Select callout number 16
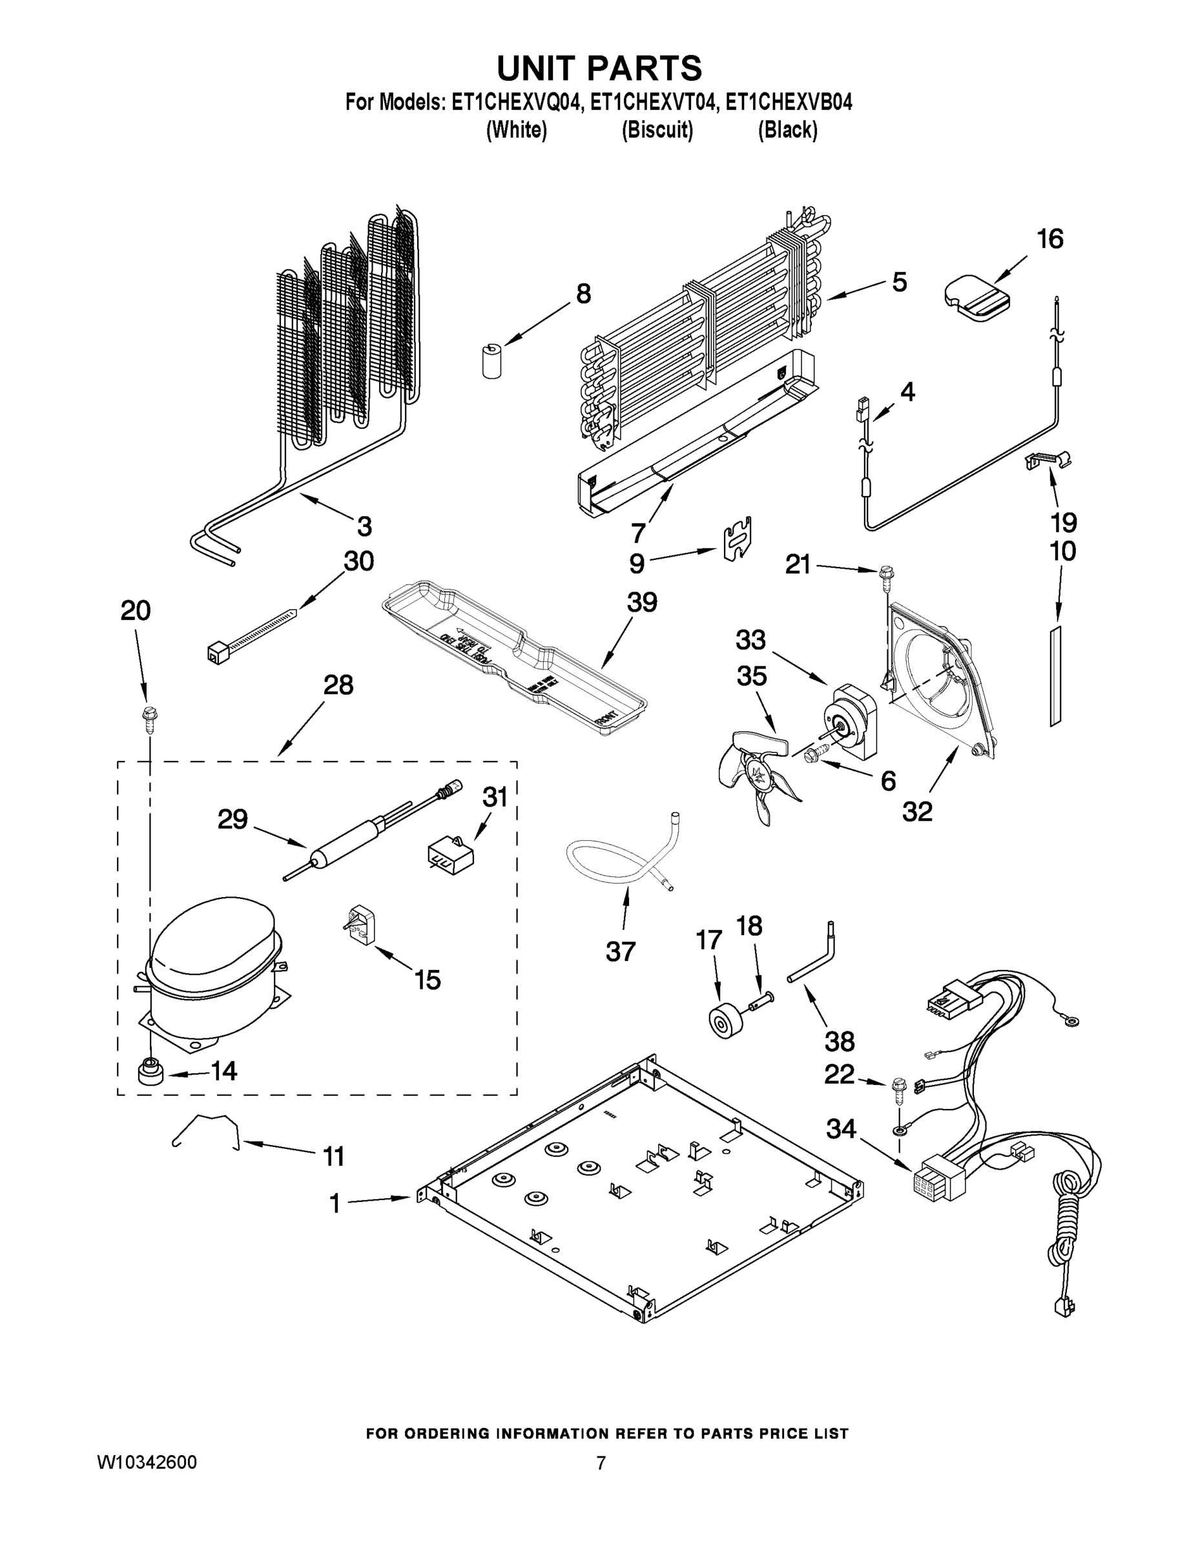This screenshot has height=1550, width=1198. click(x=1049, y=239)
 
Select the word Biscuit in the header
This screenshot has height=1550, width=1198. click(x=657, y=130)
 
